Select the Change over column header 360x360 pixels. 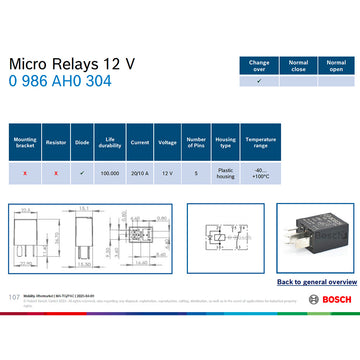point(259,65)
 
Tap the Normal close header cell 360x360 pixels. point(297,65)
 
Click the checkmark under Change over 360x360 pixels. point(259,82)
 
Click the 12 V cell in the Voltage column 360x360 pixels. point(167,173)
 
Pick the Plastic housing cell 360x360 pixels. point(226,173)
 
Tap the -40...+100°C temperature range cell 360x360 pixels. point(260,173)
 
